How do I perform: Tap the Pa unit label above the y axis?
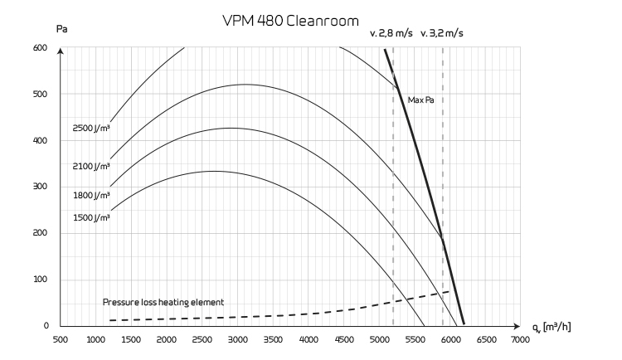click(61, 29)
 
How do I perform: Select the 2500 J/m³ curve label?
click(91, 129)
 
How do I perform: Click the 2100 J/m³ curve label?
click(91, 166)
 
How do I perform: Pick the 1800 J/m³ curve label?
click(91, 195)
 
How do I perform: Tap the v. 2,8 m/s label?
click(391, 35)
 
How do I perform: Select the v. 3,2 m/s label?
click(442, 35)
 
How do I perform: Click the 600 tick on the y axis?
click(41, 48)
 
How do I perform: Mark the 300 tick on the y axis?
click(41, 187)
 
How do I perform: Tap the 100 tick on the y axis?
click(41, 280)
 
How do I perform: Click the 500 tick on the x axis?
click(61, 339)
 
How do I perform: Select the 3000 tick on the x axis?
click(237, 339)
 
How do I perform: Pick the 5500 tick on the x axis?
click(414, 339)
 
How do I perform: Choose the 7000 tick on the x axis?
click(520, 339)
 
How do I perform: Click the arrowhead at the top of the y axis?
click(61, 51)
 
